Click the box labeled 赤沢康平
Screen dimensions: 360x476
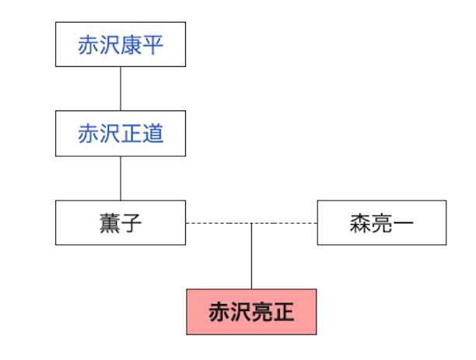(121, 44)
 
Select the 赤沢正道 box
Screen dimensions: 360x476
(121, 134)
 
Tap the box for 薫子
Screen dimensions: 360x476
(121, 223)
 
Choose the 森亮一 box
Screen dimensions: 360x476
(381, 223)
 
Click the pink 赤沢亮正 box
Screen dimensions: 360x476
(251, 312)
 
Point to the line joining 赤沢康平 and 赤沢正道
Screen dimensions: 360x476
(121, 89)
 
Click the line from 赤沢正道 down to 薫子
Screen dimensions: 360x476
(121, 178)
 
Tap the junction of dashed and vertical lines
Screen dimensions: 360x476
(251, 223)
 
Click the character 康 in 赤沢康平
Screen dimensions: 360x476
(131, 45)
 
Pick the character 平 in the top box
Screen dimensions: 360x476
(153, 45)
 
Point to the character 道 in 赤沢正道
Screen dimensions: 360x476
(153, 135)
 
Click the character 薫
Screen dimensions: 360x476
(110, 224)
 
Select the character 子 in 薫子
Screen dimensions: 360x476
(131, 224)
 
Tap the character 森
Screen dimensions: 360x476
(359, 224)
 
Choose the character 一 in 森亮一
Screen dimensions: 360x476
(403, 224)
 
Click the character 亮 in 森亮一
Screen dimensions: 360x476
(381, 224)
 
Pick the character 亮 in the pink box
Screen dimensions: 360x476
(262, 313)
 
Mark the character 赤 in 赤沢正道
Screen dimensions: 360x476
(88, 135)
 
